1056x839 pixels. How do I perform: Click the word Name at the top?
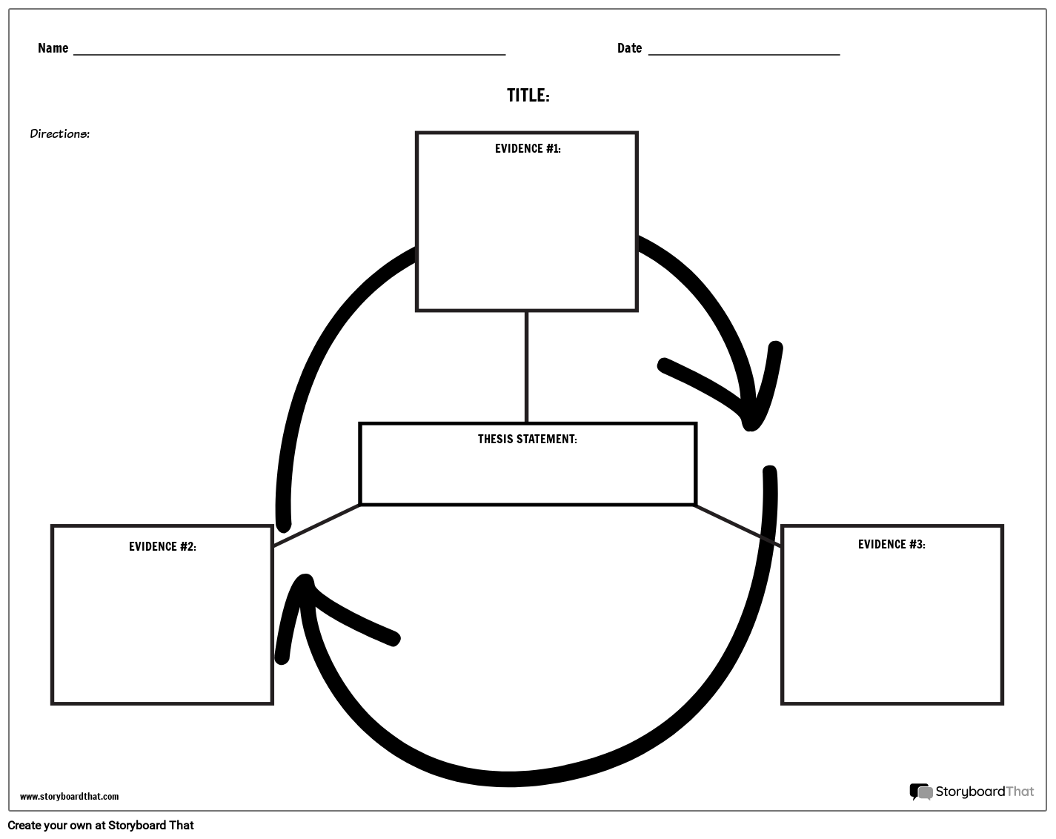53,48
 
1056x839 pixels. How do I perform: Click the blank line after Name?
289,53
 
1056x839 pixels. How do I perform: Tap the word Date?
629,48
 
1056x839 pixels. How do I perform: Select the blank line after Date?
744,53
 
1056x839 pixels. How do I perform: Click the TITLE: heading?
528,96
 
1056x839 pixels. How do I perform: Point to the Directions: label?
59,134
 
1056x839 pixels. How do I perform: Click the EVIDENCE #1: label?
528,149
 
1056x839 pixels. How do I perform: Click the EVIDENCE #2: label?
162,547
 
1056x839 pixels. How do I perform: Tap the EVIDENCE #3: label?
891,545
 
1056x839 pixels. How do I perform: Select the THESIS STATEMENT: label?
527,440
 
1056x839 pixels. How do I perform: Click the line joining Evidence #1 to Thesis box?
527,367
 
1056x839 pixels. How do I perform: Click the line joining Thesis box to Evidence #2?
316,525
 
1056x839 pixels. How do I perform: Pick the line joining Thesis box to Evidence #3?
737,525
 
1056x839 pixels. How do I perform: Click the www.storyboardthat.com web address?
69,797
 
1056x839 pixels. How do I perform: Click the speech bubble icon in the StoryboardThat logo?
920,792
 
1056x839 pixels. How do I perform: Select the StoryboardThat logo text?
984,792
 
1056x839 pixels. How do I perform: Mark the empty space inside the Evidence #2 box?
162,630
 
